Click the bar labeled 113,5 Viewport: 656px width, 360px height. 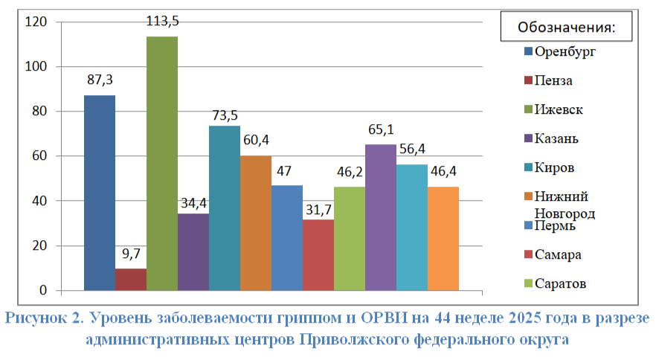point(162,163)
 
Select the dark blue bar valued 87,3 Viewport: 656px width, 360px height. point(100,193)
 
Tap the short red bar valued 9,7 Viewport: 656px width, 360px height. point(131,279)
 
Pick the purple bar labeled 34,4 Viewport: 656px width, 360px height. point(193,252)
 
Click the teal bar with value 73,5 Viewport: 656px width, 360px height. point(225,208)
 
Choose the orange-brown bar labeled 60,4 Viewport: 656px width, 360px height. point(256,222)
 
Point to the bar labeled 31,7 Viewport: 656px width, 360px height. point(318,255)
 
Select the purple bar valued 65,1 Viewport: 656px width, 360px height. point(381,217)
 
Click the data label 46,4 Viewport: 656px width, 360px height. point(443,171)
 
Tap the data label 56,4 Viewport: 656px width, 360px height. point(412,149)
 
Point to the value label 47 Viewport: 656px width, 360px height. point(283,171)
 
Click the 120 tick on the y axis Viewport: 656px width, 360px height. point(36,22)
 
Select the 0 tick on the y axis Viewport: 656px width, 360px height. point(43,290)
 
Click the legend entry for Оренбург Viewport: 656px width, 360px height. point(560,52)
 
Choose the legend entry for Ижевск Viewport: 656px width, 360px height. point(553,109)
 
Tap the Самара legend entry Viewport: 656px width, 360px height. point(553,254)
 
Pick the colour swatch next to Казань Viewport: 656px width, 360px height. point(528,138)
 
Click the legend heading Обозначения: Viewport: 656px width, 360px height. point(567,28)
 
